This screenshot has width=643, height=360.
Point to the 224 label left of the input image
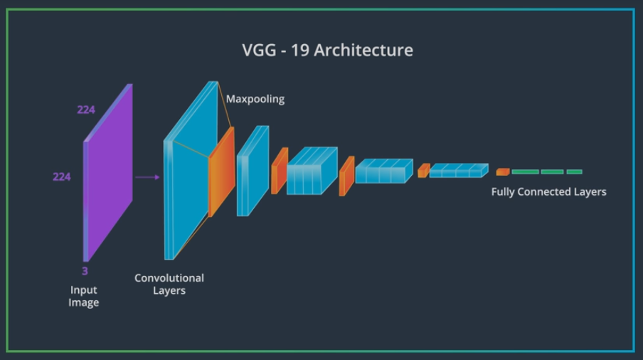click(x=62, y=176)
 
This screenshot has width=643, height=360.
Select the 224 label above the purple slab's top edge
click(x=86, y=110)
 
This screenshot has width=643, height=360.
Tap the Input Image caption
click(x=84, y=296)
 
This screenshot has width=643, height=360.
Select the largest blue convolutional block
click(x=188, y=171)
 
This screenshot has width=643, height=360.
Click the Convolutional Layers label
click(x=169, y=284)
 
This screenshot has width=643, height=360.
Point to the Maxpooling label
click(x=255, y=99)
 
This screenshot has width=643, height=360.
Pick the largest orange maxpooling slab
click(x=221, y=171)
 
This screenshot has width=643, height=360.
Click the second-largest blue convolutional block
click(x=253, y=171)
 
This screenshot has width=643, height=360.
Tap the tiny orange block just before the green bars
click(x=503, y=171)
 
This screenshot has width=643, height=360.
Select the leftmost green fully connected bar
click(x=525, y=171)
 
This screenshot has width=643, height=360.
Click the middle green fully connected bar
click(x=552, y=171)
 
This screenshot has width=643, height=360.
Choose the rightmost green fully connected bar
click(x=575, y=171)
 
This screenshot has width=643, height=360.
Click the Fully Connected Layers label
click(x=548, y=191)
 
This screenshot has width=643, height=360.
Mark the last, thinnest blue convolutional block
click(x=458, y=171)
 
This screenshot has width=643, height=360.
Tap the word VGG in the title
click(x=258, y=51)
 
